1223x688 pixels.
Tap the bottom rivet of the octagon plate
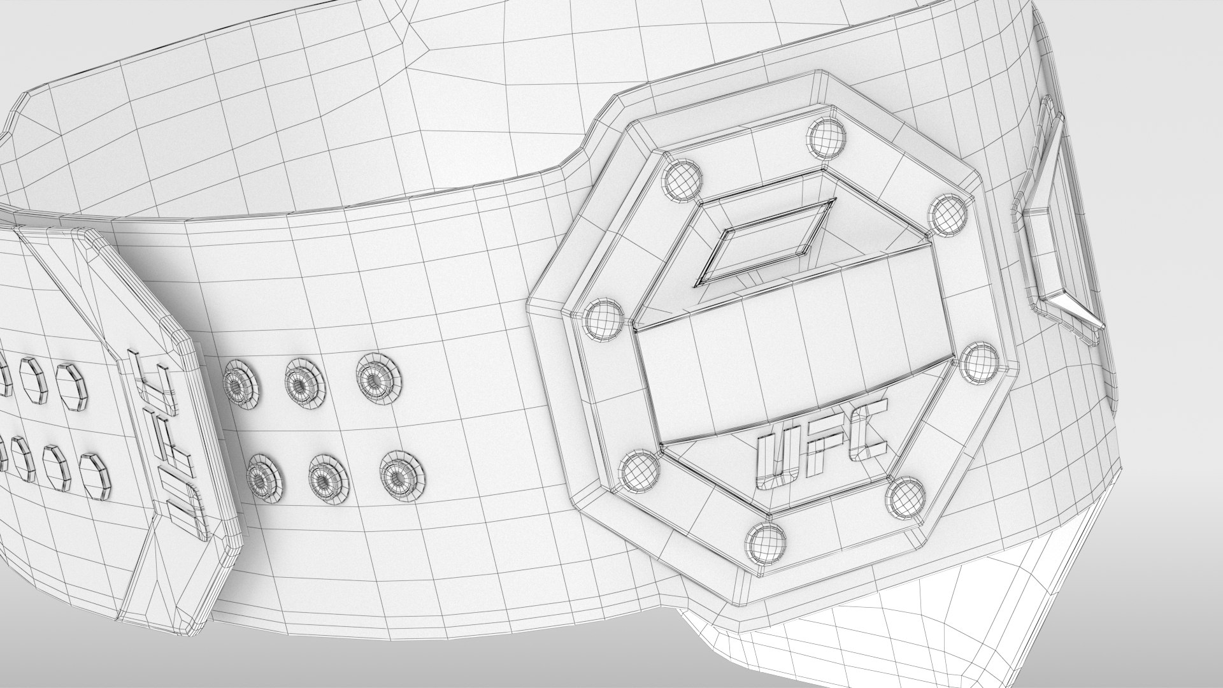pos(766,541)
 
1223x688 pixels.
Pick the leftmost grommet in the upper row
pos(241,386)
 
